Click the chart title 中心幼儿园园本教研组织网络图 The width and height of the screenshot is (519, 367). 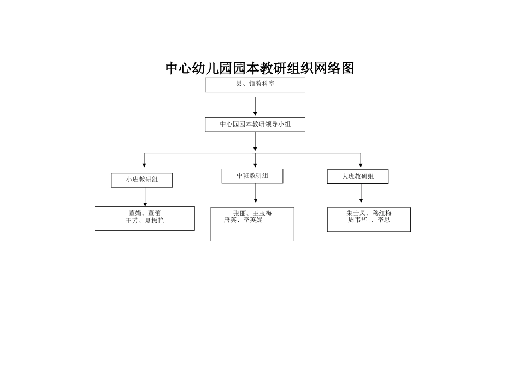point(260,68)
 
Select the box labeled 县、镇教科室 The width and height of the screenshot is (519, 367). point(255,85)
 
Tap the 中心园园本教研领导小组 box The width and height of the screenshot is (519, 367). point(255,125)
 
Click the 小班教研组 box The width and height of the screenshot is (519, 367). point(141,180)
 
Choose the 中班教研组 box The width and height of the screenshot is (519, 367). point(252,176)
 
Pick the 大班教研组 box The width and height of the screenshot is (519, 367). point(358,176)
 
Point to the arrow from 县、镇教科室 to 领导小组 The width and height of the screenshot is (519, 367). point(255,106)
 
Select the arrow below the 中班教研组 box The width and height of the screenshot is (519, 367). point(255,193)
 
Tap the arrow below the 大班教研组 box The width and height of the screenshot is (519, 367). point(361,193)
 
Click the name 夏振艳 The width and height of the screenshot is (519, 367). point(154,221)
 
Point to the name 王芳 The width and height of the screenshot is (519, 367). point(132,221)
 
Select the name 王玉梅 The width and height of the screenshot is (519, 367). point(262,214)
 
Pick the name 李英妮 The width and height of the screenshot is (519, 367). point(253,220)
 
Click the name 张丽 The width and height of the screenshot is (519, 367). point(239,214)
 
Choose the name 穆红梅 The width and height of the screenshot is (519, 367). point(382,214)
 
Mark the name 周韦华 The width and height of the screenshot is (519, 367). point(357,220)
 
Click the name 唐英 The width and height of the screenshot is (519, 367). point(230,220)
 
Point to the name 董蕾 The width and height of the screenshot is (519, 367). point(154,214)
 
